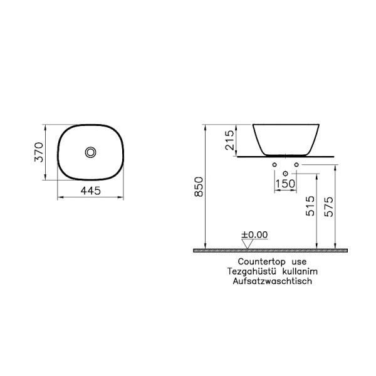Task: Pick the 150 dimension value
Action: (286, 183)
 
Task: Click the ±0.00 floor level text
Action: (255, 234)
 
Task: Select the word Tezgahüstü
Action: (253, 271)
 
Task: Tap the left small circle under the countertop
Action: (274, 164)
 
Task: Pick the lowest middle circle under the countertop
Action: (286, 172)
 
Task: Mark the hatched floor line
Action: (270, 249)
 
